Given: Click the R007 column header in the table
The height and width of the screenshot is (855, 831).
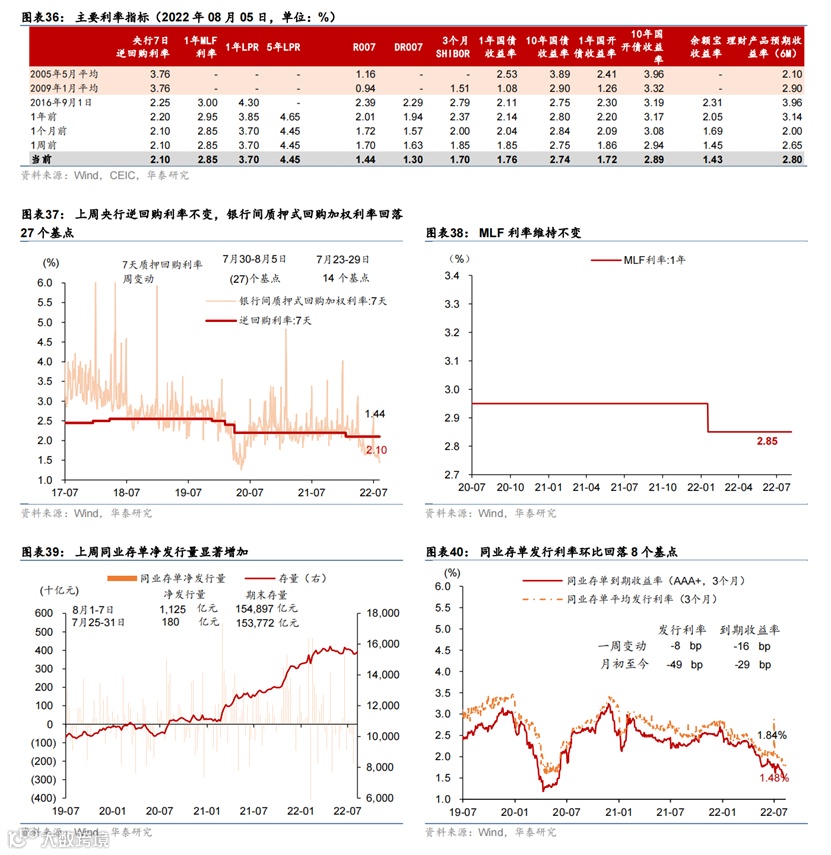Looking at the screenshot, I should point(364,46).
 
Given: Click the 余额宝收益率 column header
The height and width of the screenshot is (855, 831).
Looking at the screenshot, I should point(704,46).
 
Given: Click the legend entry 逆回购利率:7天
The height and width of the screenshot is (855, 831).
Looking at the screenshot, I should point(275,320).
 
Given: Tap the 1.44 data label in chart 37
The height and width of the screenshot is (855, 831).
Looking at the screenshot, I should point(375,413).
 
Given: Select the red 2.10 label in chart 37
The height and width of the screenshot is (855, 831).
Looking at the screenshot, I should point(377,451).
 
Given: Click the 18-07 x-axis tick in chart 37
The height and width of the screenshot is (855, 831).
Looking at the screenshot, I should point(127,492).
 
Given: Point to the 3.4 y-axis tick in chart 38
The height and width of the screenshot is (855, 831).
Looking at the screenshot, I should point(451,275).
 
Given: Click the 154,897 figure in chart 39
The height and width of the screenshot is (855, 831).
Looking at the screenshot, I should point(255,607).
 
